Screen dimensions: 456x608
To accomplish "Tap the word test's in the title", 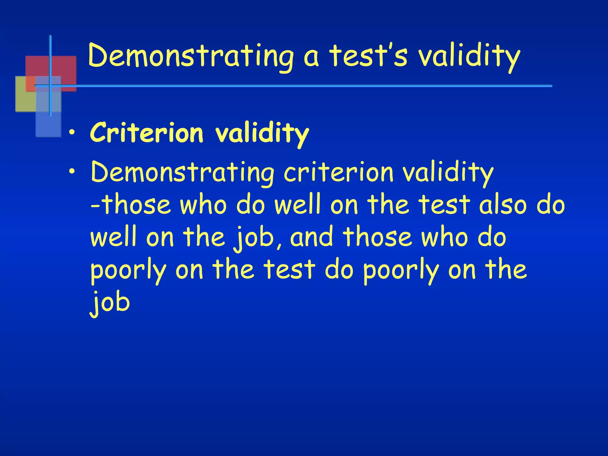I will point(368,56).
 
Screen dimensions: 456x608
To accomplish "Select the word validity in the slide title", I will point(469,56).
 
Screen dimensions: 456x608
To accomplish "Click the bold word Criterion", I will point(147,132).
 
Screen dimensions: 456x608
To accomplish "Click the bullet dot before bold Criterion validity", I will point(71,132).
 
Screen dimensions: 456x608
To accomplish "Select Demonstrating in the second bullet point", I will point(183,172).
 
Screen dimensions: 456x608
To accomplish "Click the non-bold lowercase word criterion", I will point(338,172).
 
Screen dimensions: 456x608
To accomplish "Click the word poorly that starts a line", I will point(128,270).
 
